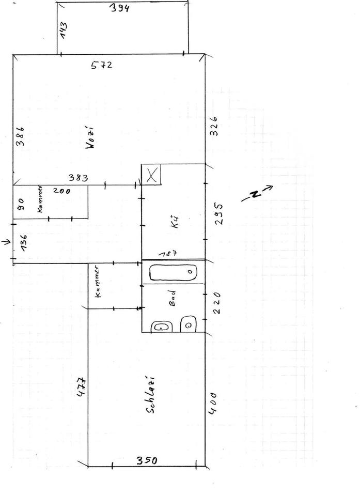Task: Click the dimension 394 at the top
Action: click(119, 9)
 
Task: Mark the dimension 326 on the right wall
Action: click(214, 126)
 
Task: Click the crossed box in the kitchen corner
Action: click(152, 175)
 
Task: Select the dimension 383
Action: click(78, 178)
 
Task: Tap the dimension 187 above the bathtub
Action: click(169, 254)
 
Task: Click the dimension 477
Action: click(81, 387)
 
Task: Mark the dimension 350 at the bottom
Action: click(147, 460)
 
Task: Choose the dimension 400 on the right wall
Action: click(213, 403)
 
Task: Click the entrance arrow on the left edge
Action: click(5, 241)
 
